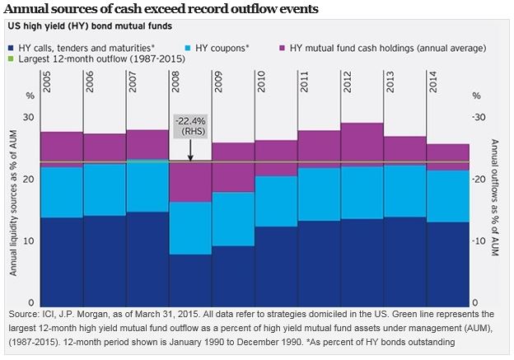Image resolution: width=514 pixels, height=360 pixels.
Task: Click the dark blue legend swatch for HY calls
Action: (x=14, y=49)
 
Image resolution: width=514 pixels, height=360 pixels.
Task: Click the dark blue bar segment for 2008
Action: (x=190, y=278)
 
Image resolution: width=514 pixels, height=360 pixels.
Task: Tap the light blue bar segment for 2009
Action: (x=233, y=218)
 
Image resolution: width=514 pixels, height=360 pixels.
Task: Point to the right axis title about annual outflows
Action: (x=498, y=206)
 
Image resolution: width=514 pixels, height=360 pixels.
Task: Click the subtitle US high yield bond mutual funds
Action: (x=88, y=27)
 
